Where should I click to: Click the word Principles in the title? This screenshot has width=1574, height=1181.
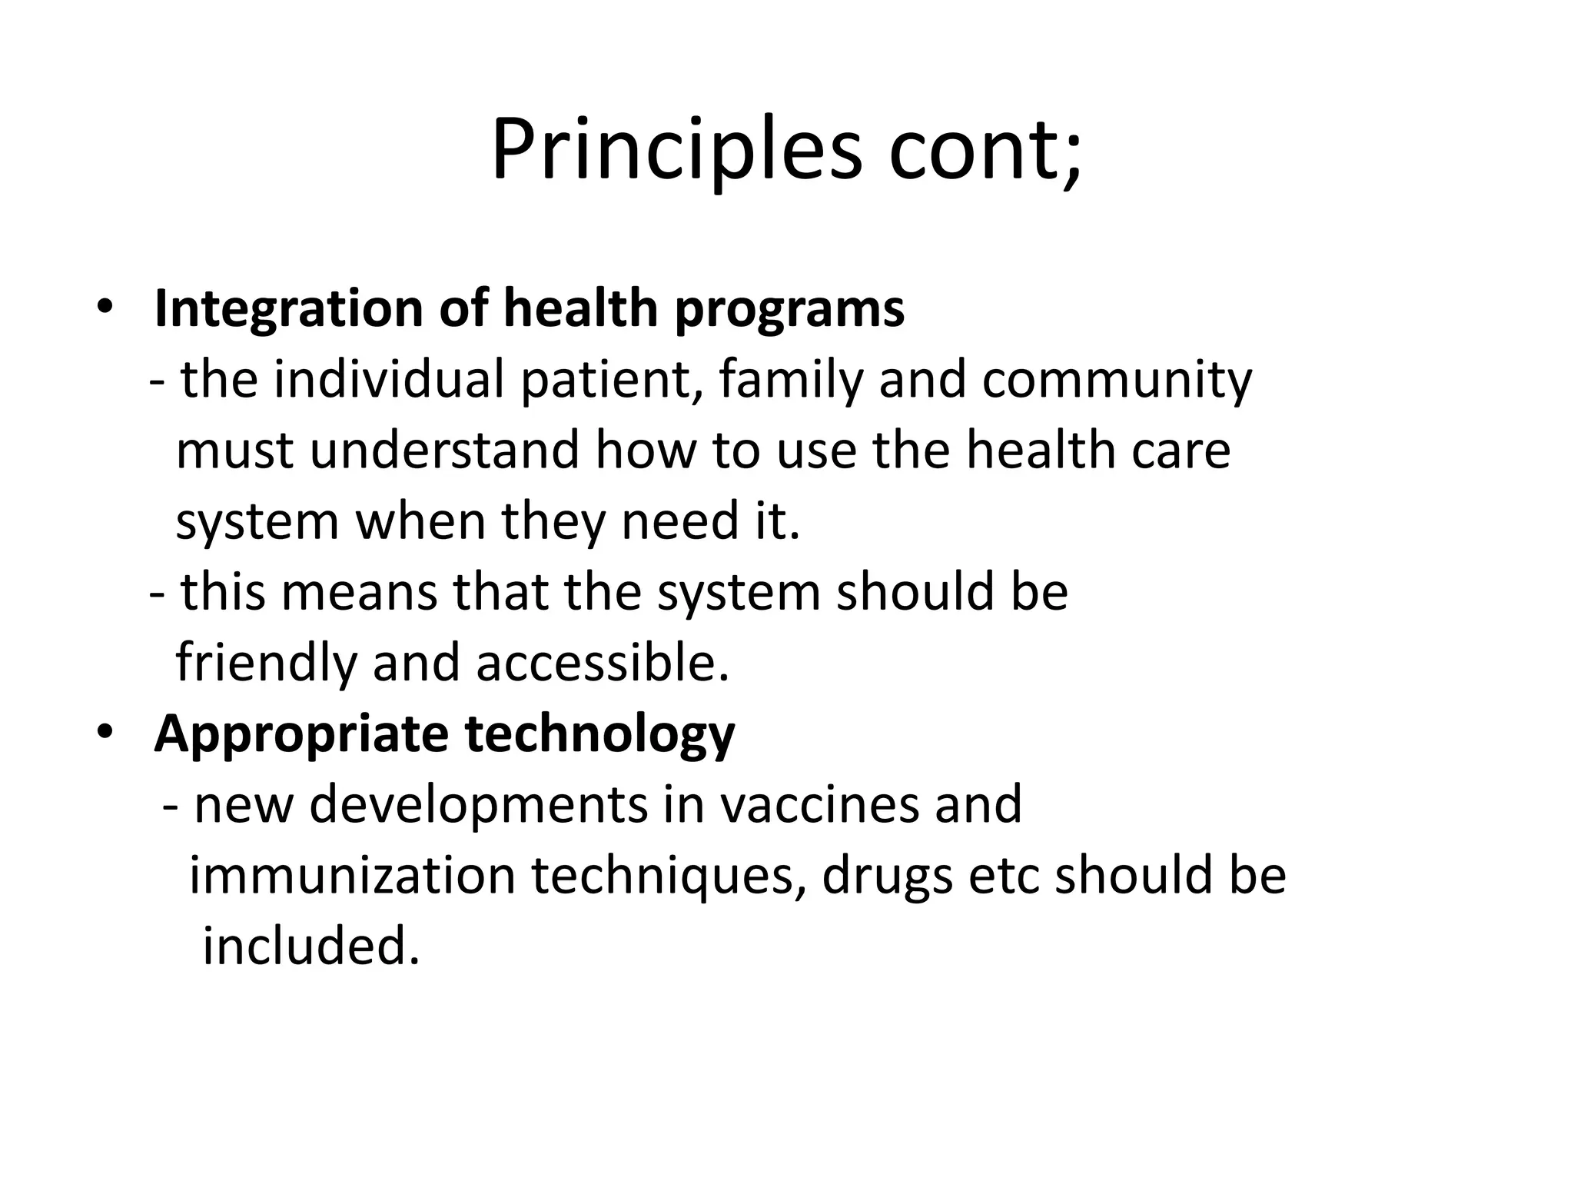pyautogui.click(x=676, y=150)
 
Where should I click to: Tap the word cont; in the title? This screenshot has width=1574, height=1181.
pyautogui.click(x=985, y=150)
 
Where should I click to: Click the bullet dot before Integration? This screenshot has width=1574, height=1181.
pyautogui.click(x=105, y=308)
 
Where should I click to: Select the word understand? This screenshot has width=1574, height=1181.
pyautogui.click(x=444, y=451)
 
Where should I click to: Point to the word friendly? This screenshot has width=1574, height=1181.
pyautogui.click(x=266, y=663)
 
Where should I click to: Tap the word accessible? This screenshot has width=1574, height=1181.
pyautogui.click(x=602, y=663)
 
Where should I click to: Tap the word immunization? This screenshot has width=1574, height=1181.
pyautogui.click(x=352, y=876)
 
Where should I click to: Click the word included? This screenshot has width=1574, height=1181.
pyautogui.click(x=310, y=946)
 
